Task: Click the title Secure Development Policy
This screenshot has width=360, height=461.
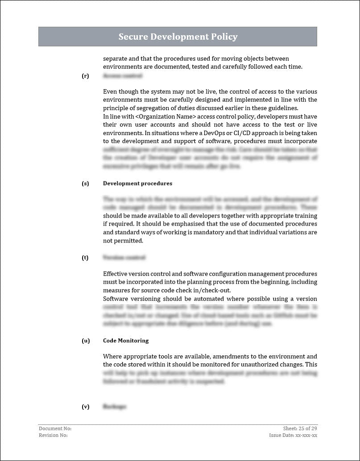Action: tap(178, 37)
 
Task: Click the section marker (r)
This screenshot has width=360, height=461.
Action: tap(85, 76)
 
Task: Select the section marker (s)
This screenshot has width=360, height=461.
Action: tap(85, 183)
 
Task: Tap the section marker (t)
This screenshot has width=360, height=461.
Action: tap(85, 258)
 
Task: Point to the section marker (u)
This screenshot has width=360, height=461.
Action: tap(85, 341)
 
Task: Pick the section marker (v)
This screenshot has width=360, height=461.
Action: tap(85, 407)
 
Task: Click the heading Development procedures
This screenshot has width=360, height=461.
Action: tap(137, 183)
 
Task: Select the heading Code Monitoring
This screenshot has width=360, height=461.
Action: tap(126, 341)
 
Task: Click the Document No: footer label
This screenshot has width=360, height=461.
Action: tap(55, 428)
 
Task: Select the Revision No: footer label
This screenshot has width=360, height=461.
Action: tap(53, 435)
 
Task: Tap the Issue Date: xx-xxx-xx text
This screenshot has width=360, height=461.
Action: tap(293, 435)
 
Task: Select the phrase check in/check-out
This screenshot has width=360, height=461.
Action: tap(203, 290)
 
